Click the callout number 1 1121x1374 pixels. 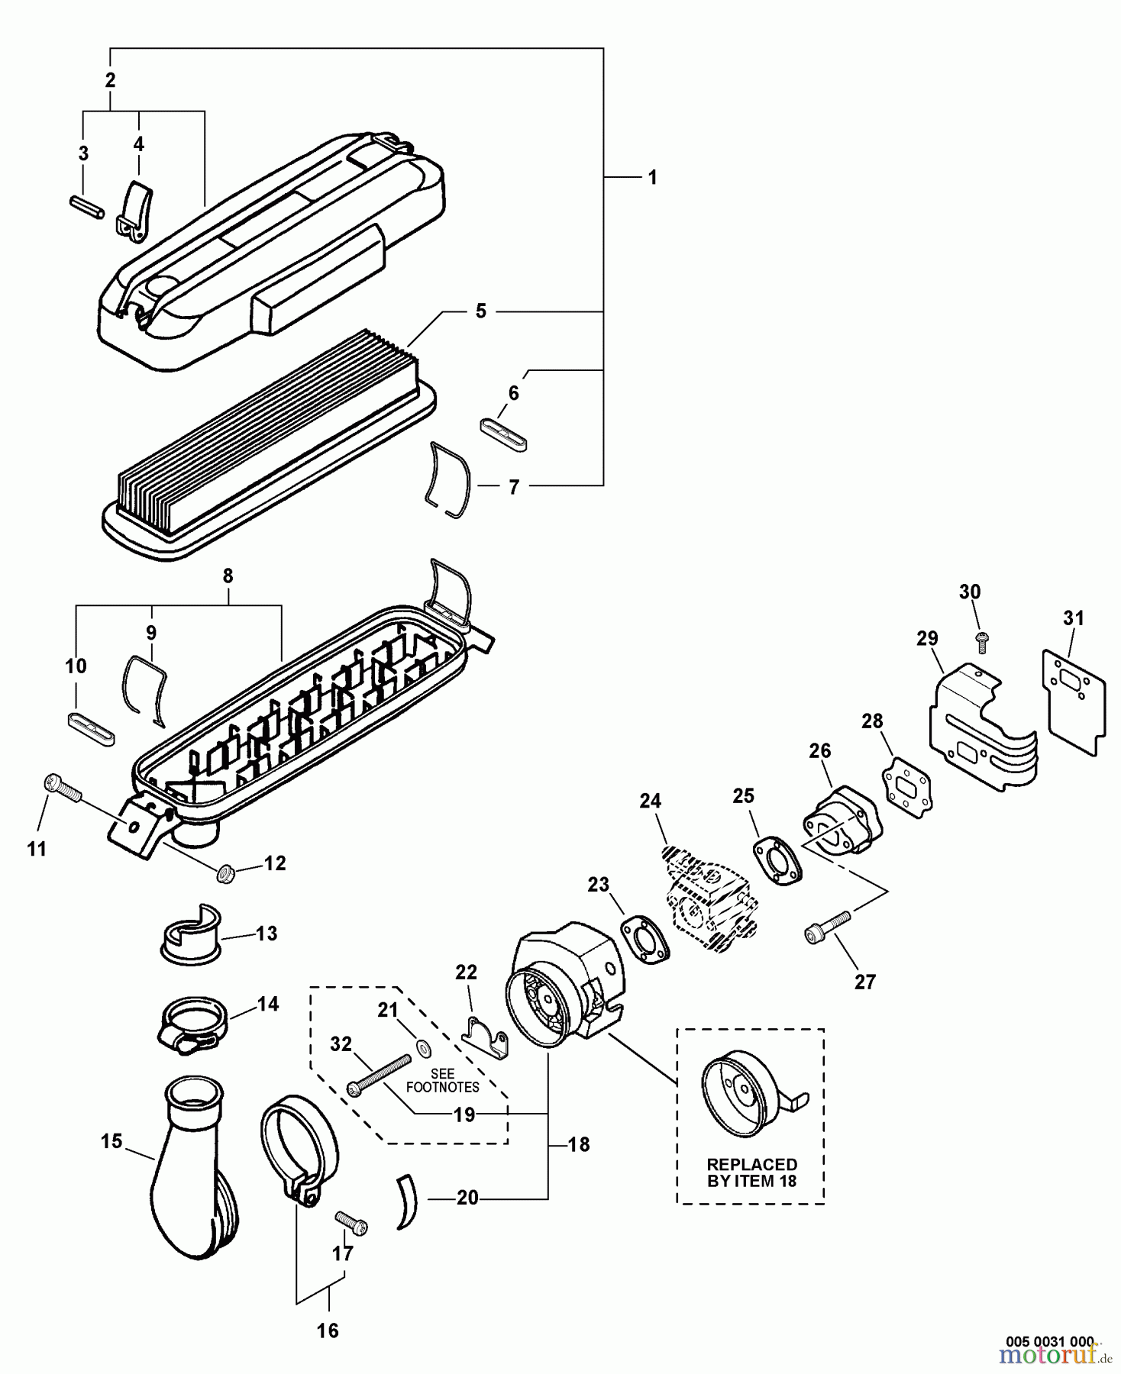click(x=651, y=177)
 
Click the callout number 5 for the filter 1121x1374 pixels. click(x=480, y=311)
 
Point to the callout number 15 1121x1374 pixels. click(x=111, y=1141)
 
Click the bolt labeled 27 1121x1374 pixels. click(x=827, y=926)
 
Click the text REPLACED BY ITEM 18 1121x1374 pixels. click(x=751, y=1172)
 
